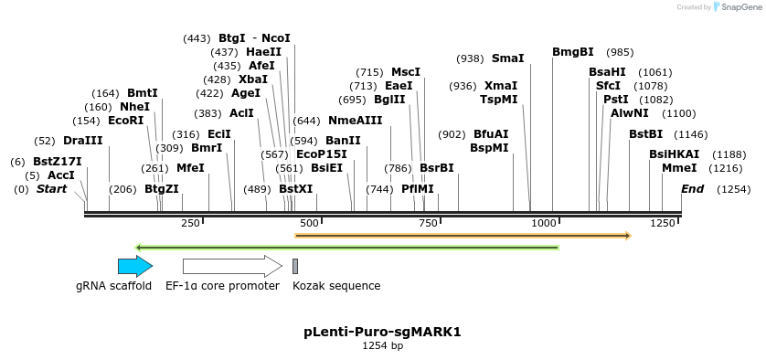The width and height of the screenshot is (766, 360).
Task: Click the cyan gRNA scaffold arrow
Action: (134, 266)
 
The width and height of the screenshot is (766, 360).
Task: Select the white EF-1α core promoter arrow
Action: (232, 266)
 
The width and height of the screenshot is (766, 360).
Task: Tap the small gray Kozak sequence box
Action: (295, 266)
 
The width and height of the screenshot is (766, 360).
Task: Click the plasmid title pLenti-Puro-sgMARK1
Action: (382, 332)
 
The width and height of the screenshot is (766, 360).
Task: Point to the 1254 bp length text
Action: (382, 346)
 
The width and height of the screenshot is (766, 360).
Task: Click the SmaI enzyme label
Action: (508, 58)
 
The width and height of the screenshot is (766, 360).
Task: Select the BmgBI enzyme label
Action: (573, 52)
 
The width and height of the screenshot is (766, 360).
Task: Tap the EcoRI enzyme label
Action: (126, 121)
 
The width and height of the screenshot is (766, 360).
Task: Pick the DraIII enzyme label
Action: (83, 141)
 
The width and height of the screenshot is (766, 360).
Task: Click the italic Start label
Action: (52, 189)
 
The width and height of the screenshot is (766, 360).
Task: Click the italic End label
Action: (693, 189)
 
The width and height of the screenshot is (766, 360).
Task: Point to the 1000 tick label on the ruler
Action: (544, 223)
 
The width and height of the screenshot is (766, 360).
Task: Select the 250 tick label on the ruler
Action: (190, 223)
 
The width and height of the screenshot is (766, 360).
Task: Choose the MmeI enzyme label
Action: (679, 168)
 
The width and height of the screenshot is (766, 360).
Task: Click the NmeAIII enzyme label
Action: (356, 121)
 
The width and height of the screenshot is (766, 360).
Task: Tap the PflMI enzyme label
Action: (418, 189)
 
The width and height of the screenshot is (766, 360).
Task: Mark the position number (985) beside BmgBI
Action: (620, 52)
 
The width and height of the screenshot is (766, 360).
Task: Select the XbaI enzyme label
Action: (253, 79)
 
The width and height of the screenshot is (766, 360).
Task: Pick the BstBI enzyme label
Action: (645, 134)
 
